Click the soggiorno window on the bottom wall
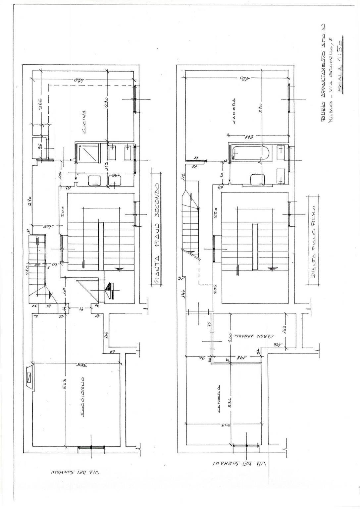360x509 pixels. click(x=91, y=447)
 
